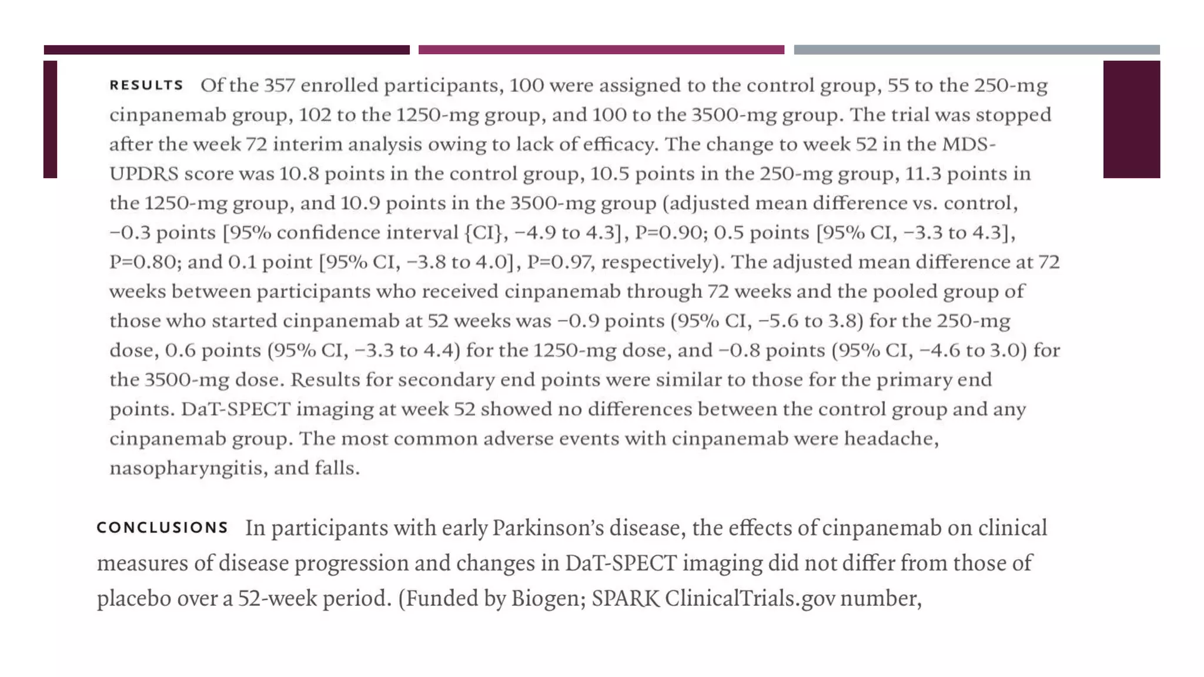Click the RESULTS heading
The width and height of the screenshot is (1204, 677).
pos(146,86)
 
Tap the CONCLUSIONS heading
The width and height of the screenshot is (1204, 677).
pos(162,528)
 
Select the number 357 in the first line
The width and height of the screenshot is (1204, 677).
pos(279,86)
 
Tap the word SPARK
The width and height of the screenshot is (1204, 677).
pos(626,599)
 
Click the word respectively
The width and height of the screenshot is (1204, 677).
pos(661,262)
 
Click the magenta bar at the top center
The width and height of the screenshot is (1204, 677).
pos(601,50)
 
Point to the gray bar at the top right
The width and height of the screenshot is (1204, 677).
pos(976,50)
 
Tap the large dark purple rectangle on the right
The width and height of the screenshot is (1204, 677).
pos(1131,119)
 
